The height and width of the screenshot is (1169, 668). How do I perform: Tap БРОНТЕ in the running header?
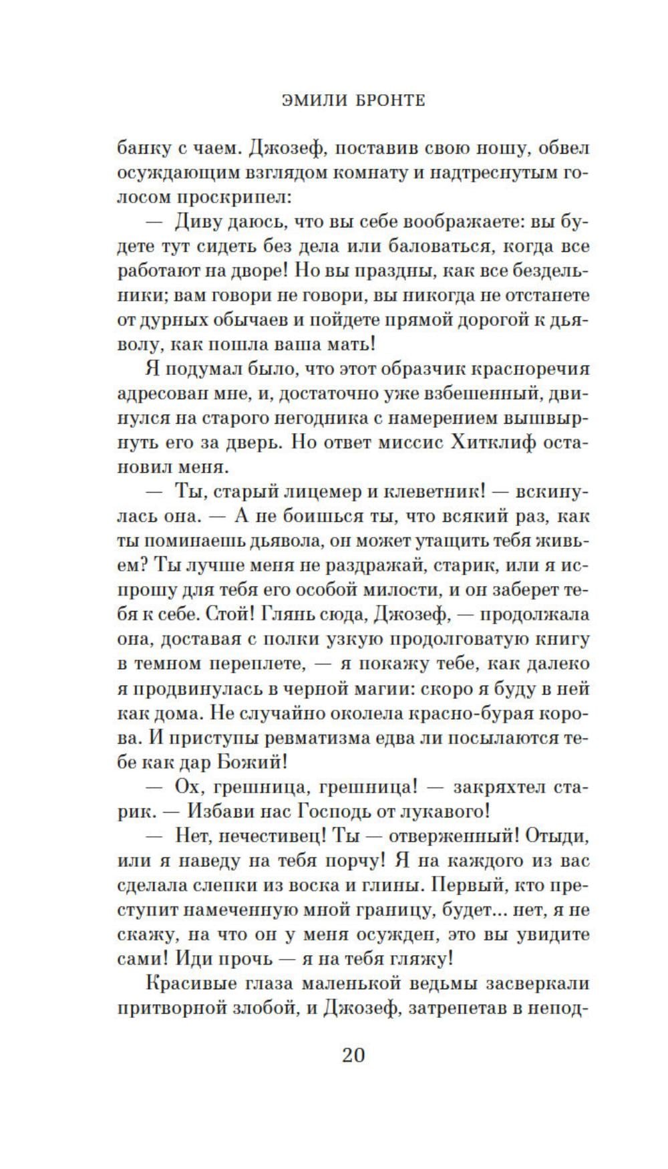coord(383,100)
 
